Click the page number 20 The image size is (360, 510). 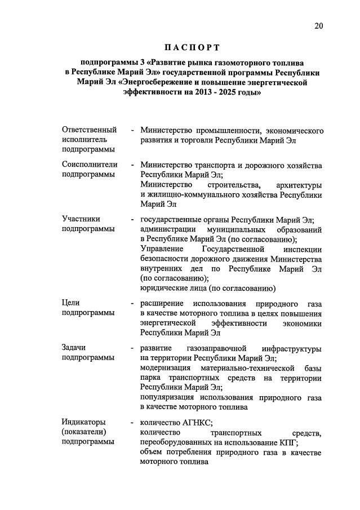pos(320,25)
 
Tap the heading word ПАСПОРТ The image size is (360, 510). pos(191,47)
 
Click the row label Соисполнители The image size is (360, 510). pos(90,165)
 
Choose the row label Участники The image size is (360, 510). pos(81,219)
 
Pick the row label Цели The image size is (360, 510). pos(70,303)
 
